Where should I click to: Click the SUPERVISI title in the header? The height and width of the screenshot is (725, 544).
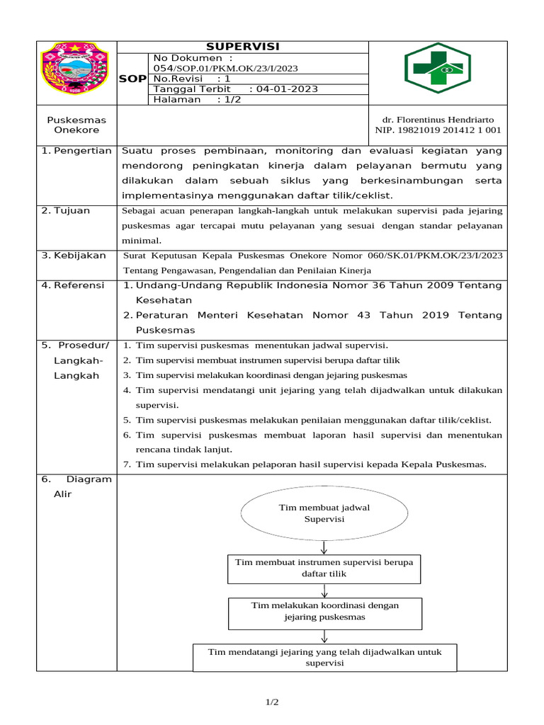pyautogui.click(x=243, y=47)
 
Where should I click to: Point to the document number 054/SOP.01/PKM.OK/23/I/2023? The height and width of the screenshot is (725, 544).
pyautogui.click(x=225, y=68)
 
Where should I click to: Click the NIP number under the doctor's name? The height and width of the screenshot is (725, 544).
pyautogui.click(x=438, y=130)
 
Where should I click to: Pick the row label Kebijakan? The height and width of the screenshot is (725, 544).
pyautogui.click(x=76, y=255)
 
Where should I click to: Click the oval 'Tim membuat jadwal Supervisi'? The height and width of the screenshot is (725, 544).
pyautogui.click(x=324, y=513)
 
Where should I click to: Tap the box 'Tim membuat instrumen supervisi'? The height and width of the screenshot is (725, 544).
pyautogui.click(x=324, y=568)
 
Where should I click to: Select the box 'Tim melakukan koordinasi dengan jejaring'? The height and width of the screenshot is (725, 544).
pyautogui.click(x=324, y=611)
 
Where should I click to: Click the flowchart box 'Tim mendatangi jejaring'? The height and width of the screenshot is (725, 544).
pyautogui.click(x=324, y=657)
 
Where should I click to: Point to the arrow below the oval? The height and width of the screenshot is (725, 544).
pyautogui.click(x=324, y=547)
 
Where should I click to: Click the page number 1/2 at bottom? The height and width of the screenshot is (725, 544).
pyautogui.click(x=272, y=702)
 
